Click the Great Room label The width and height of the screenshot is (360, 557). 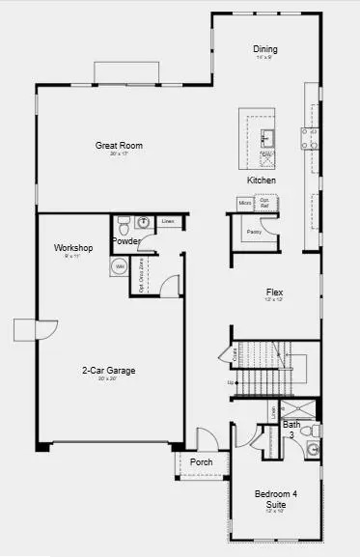[119, 146]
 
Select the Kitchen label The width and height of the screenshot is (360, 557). [262, 181]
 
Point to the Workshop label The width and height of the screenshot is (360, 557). [72, 248]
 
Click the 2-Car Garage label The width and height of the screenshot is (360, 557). [108, 370]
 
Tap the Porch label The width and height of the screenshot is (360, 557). [202, 461]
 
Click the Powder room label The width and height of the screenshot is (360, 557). [126, 241]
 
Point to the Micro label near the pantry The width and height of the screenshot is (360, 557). [245, 203]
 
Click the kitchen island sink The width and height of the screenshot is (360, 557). [268, 134]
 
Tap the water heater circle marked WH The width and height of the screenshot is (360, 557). [121, 265]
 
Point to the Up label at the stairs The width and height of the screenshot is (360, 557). [230, 382]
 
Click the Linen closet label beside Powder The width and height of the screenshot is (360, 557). [168, 222]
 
